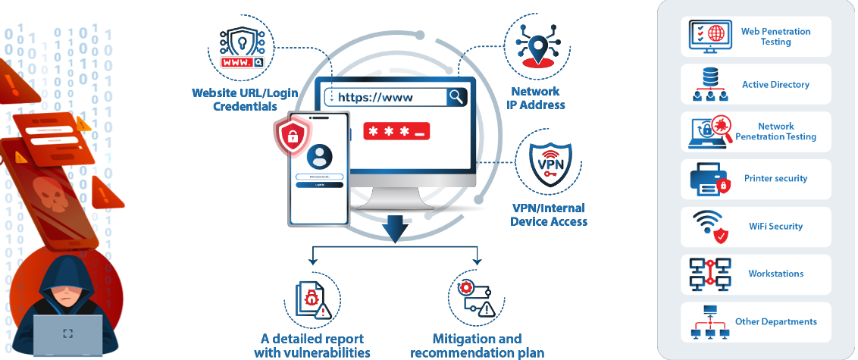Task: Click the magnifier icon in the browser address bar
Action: [x=456, y=96]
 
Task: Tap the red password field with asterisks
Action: [x=396, y=130]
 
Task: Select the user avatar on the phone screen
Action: [x=320, y=157]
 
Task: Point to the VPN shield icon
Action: [x=550, y=164]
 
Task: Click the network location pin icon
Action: [x=538, y=43]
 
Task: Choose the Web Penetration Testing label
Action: [x=775, y=36]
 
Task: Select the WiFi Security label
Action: [x=775, y=227]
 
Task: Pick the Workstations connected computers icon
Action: [x=709, y=274]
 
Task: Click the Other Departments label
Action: [x=775, y=321]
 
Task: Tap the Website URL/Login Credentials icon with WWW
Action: [x=241, y=48]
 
